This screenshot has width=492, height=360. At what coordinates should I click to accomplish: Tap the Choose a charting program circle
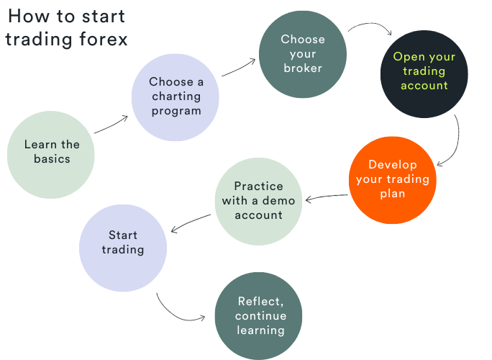(x=176, y=96)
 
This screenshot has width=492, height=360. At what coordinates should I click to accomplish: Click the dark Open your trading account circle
(x=424, y=73)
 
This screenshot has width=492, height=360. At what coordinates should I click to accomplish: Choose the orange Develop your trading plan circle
(x=393, y=179)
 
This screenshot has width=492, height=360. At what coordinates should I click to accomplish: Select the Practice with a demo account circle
(x=258, y=201)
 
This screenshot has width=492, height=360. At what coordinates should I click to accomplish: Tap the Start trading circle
(x=123, y=243)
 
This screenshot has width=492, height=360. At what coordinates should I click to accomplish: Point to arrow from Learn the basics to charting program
(x=111, y=124)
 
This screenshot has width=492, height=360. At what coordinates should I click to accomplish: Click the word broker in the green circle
(x=303, y=68)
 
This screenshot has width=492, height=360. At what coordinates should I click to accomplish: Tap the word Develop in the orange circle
(x=393, y=165)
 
